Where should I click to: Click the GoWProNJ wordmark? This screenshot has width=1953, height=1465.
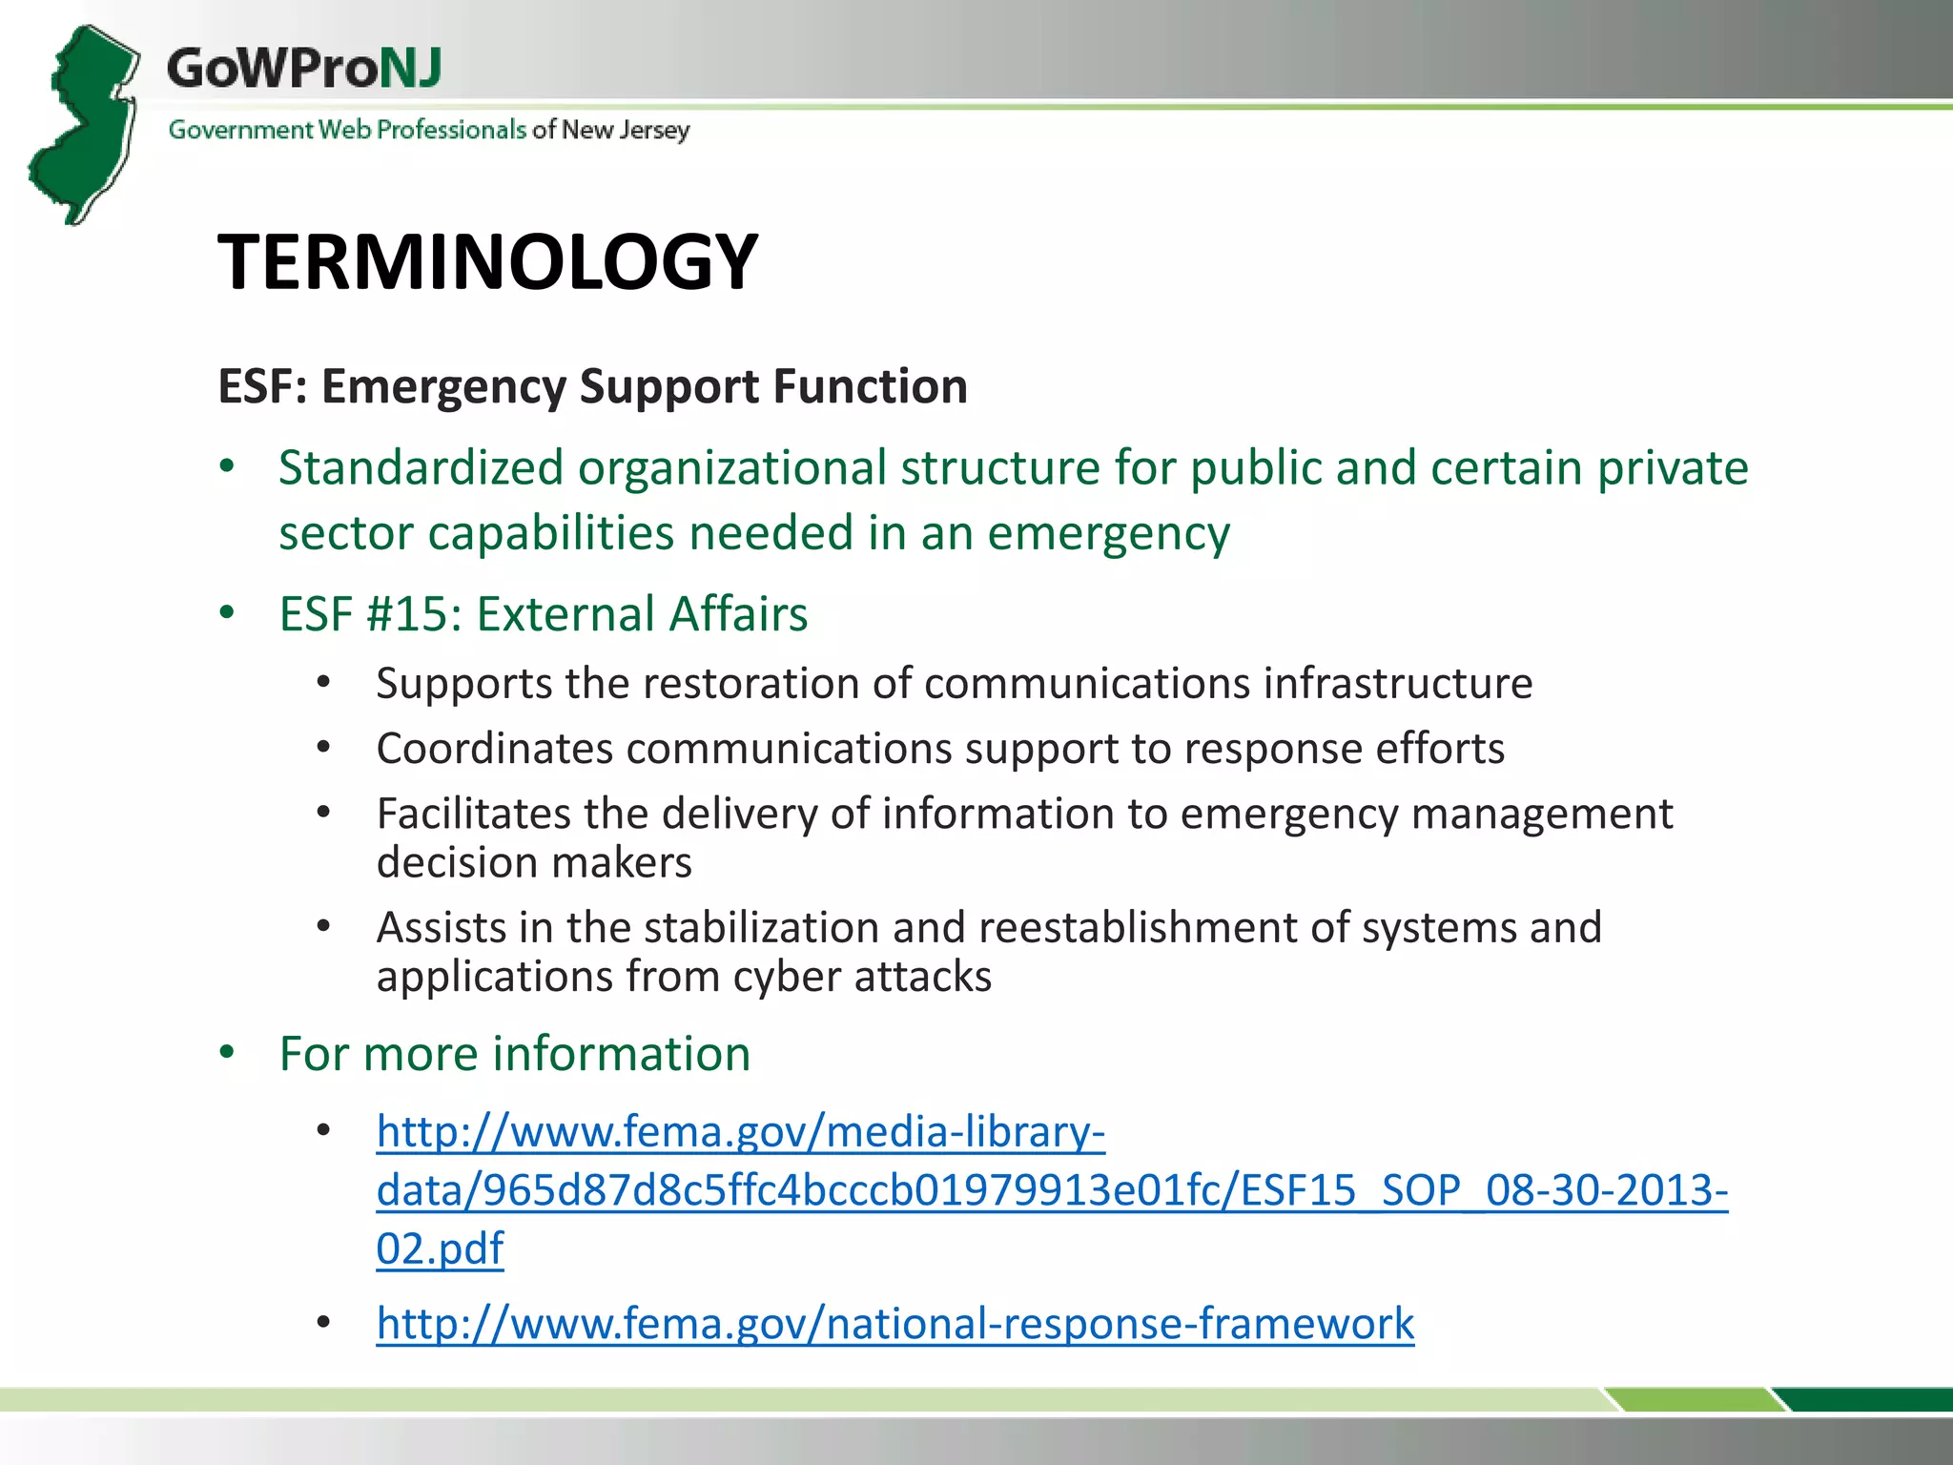click(304, 69)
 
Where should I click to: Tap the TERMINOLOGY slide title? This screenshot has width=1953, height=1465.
click(487, 262)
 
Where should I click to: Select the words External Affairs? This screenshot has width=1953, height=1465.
click(642, 613)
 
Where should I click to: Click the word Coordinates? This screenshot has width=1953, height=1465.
click(494, 749)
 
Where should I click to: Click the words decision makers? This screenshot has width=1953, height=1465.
click(534, 863)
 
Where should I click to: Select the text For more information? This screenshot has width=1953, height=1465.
click(515, 1054)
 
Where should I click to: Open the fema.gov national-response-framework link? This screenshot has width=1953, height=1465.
click(894, 1324)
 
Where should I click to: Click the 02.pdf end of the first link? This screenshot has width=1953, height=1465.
click(440, 1248)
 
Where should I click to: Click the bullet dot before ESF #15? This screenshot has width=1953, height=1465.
click(227, 613)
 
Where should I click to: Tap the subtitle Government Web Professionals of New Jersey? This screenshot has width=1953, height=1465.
click(429, 130)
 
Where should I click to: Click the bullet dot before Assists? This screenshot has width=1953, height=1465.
click(324, 926)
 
